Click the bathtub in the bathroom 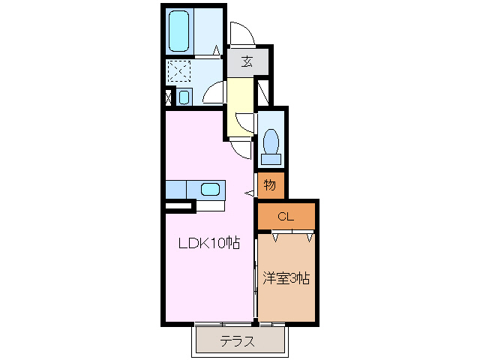coord(179,31)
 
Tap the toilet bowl coord(271,142)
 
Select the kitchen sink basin coord(210,189)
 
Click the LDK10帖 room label coord(209,243)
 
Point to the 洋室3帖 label coord(286,278)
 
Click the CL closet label coord(286,217)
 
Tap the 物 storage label coord(270,185)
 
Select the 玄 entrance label coord(247,61)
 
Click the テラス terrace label coord(237,341)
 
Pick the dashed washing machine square coord(179,71)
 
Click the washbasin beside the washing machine coord(184,97)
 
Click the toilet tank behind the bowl coord(271,159)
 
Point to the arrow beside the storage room coord(249,193)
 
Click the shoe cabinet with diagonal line coord(263,92)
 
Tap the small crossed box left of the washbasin coord(168,97)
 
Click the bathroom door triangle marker coord(217,50)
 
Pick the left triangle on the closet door coord(275,238)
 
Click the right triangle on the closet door coord(310,238)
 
